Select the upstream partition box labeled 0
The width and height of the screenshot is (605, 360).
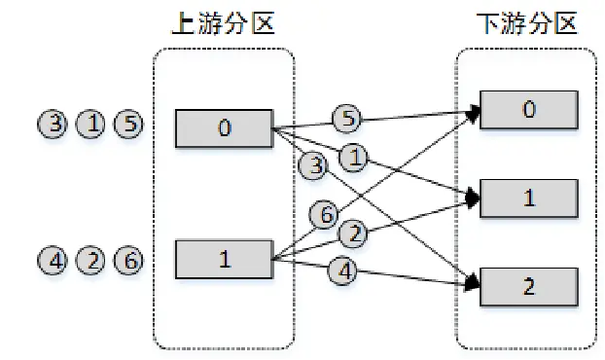pyautogui.click(x=225, y=127)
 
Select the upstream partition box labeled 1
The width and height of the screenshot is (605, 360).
pyautogui.click(x=225, y=260)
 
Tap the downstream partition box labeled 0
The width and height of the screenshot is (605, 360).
pyautogui.click(x=528, y=110)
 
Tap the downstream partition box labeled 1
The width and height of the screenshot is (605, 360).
pyautogui.click(x=528, y=198)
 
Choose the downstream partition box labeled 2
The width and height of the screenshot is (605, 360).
pyautogui.click(x=528, y=288)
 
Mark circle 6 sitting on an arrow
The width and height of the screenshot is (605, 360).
pyautogui.click(x=323, y=214)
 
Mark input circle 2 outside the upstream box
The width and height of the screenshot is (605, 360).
pyautogui.click(x=89, y=260)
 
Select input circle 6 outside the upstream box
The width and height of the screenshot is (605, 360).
pyautogui.click(x=127, y=260)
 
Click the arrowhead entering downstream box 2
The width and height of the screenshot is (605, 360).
pyautogui.click(x=474, y=283)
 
